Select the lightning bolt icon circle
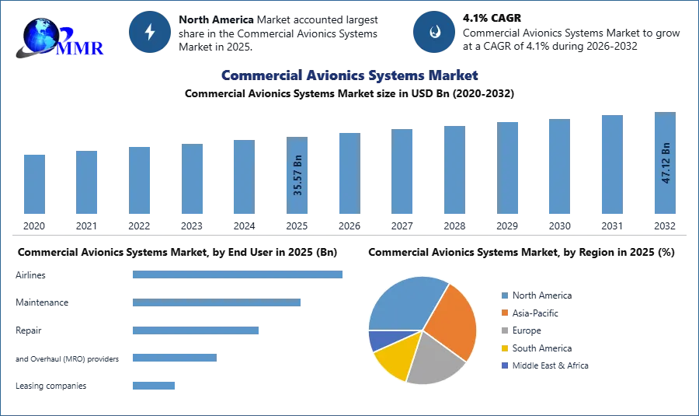pyautogui.click(x=150, y=32)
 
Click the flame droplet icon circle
pyautogui.click(x=434, y=32)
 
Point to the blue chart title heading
pyautogui.click(x=347, y=75)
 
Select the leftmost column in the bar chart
pyautogui.click(x=33, y=184)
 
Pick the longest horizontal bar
pyautogui.click(x=238, y=274)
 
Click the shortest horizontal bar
pyautogui.click(x=155, y=385)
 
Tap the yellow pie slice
pyautogui.click(x=393, y=360)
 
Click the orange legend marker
pyautogui.click(x=504, y=313)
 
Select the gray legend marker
pyautogui.click(x=504, y=330)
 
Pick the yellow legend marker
pyautogui.click(x=504, y=348)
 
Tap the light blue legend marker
pyautogui.click(x=504, y=295)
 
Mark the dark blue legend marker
pyautogui.click(x=504, y=366)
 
